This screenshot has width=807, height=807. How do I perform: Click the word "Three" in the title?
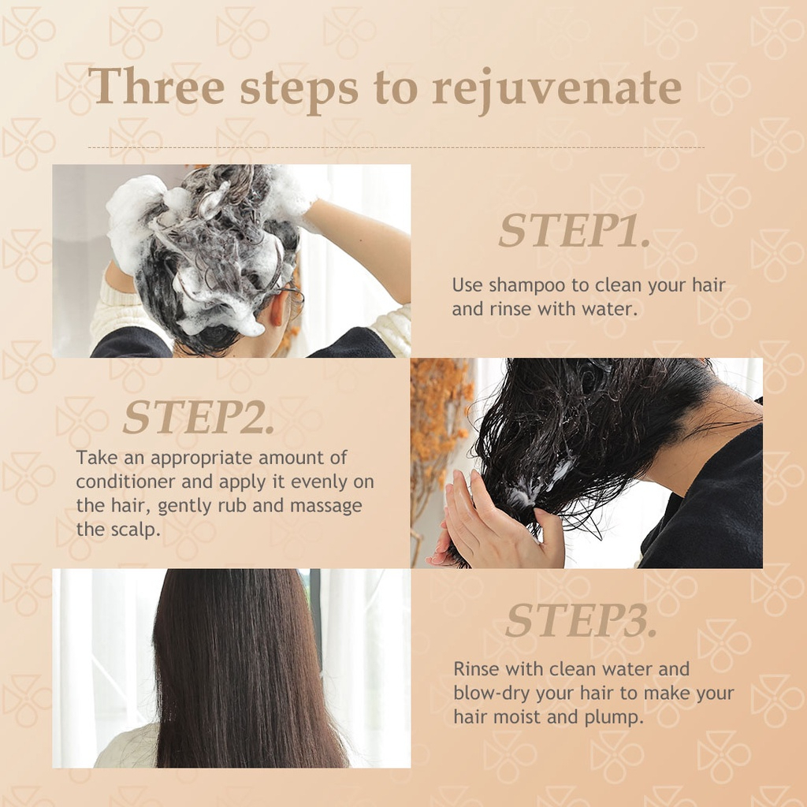[156, 86]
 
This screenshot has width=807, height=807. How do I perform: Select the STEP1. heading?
[574, 231]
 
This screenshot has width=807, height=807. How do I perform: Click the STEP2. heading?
[198, 416]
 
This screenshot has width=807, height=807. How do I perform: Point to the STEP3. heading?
[581, 619]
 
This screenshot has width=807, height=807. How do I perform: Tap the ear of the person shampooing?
[278, 307]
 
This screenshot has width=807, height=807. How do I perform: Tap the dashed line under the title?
[396, 147]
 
